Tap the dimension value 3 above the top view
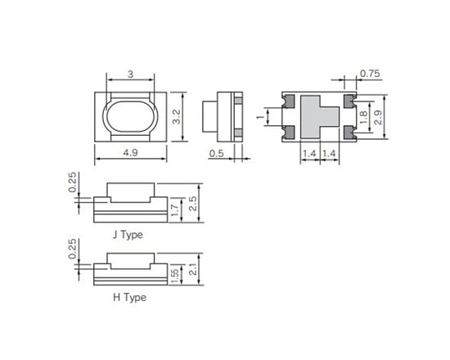pyautogui.click(x=131, y=74)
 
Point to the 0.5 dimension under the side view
pyautogui.click(x=216, y=153)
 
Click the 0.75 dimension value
pyautogui.click(x=370, y=74)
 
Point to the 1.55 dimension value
pyautogui.click(x=175, y=275)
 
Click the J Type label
pyautogui.click(x=128, y=234)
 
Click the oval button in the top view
pyautogui.click(x=131, y=116)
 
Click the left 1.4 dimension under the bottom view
pyautogui.click(x=310, y=153)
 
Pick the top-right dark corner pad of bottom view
pyautogui.click(x=349, y=101)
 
